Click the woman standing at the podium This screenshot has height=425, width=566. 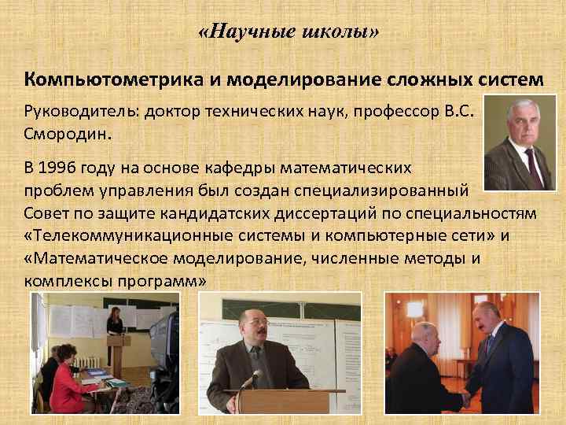point(115,323)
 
